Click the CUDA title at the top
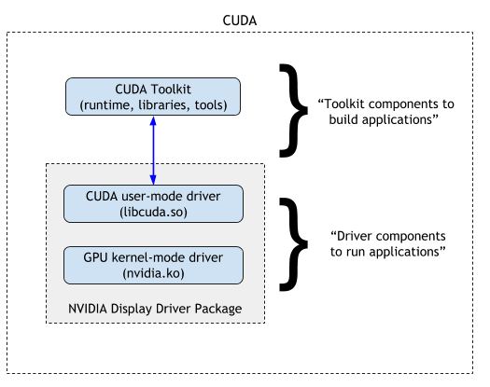245,19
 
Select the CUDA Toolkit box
153,97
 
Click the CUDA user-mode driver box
153,203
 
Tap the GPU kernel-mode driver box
153,265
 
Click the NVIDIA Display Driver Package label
154,309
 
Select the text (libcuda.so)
153,212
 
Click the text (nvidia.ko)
153,273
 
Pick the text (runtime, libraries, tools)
153,105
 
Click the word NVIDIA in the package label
91,309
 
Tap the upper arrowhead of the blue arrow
153,121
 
